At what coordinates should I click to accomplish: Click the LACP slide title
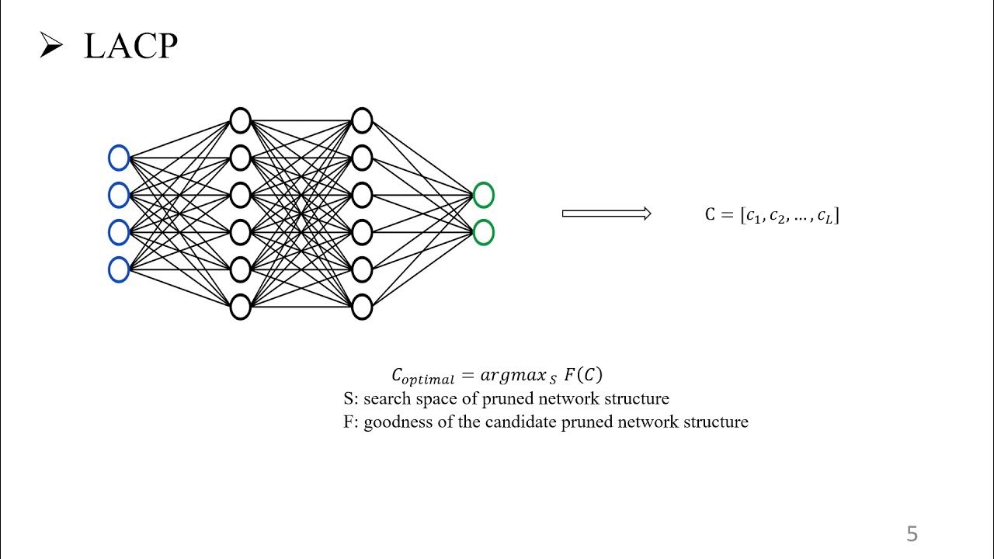click(x=130, y=47)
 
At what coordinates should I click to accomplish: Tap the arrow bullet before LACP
click(x=50, y=47)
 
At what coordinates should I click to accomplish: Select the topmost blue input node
click(x=119, y=158)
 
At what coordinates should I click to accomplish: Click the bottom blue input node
click(x=119, y=269)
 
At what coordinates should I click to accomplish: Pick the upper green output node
click(x=483, y=195)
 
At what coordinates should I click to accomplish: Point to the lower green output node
click(x=483, y=232)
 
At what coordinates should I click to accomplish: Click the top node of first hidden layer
click(x=241, y=121)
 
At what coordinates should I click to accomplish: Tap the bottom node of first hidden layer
click(x=241, y=307)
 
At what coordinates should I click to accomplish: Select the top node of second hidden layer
click(x=362, y=121)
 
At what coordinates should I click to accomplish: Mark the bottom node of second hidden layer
click(x=362, y=307)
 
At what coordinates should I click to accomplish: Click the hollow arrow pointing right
click(x=606, y=214)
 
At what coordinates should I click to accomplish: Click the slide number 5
click(x=912, y=534)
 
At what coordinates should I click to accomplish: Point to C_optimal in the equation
click(x=422, y=377)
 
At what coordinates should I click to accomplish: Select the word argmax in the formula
click(x=513, y=375)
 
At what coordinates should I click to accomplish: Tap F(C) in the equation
click(x=583, y=374)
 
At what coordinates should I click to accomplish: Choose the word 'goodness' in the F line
click(x=397, y=422)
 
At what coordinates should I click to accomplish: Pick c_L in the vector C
click(x=825, y=215)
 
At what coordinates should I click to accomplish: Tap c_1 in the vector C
click(x=753, y=215)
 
